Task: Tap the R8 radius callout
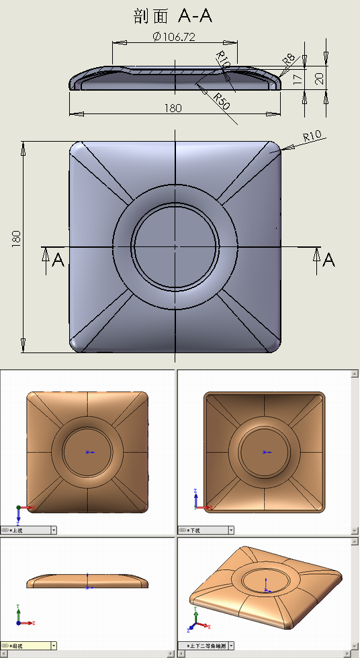coord(289,60)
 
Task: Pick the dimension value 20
coord(319,78)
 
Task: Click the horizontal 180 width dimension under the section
coord(173,109)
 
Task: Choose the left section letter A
coord(58,260)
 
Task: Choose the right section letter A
coord(328,260)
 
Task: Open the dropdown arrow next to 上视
coord(54,530)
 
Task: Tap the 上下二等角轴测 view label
coord(208,646)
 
